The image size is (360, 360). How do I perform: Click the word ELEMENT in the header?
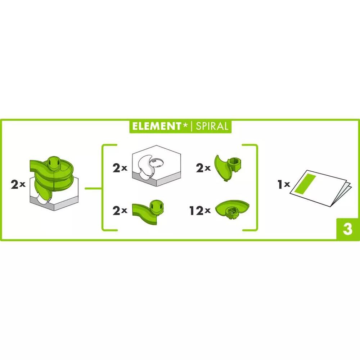pyautogui.click(x=157, y=126)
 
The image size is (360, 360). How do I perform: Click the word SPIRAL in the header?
pyautogui.click(x=212, y=126)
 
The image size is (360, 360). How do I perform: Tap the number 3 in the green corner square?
pyautogui.click(x=348, y=229)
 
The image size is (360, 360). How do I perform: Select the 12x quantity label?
pyautogui.click(x=200, y=210)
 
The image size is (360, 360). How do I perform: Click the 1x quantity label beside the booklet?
pyautogui.click(x=284, y=184)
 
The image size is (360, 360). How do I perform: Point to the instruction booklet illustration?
pyautogui.click(x=321, y=188)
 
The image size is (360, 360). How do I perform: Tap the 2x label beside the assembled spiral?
pyautogui.click(x=18, y=184)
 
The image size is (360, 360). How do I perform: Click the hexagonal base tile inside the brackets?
pyautogui.click(x=156, y=166)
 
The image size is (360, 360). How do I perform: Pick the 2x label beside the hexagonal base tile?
pyautogui.click(x=120, y=168)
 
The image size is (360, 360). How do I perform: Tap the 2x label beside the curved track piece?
pyautogui.click(x=120, y=210)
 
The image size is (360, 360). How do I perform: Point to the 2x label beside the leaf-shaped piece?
pyautogui.click(x=203, y=168)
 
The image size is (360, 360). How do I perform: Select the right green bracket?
pyautogui.click(x=256, y=187)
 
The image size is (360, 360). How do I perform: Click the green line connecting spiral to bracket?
pyautogui.click(x=93, y=189)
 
